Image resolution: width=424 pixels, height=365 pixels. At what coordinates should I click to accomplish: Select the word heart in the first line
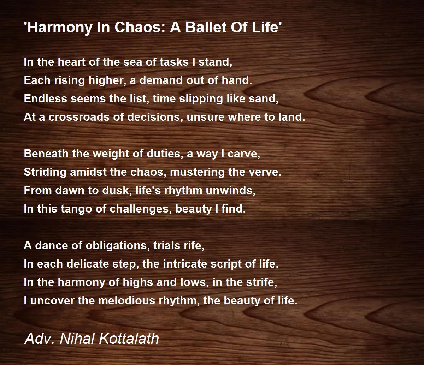[71, 62]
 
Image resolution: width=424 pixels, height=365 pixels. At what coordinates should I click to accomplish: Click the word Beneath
[46, 154]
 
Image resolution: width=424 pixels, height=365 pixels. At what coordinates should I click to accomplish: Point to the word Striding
[45, 172]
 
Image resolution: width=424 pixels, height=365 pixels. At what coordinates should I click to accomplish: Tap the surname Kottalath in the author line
[129, 339]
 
